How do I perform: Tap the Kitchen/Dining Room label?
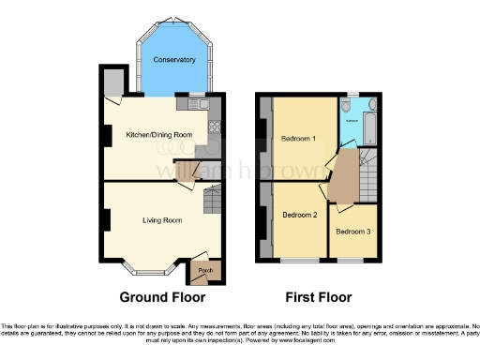tap(158, 135)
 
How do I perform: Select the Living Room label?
tap(161, 220)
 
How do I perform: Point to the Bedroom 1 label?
tap(298, 139)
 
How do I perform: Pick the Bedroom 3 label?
tap(352, 232)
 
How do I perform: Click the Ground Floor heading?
tap(162, 297)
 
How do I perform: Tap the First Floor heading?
tap(319, 297)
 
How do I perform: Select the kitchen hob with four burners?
tap(215, 127)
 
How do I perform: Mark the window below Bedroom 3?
tap(352, 260)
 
